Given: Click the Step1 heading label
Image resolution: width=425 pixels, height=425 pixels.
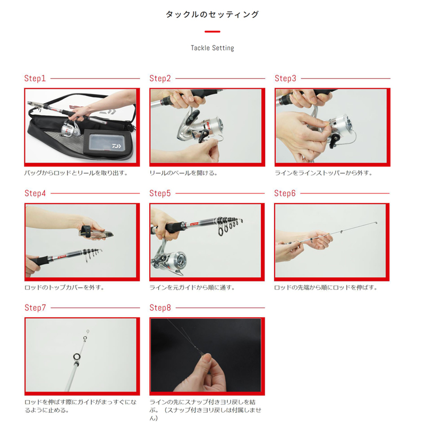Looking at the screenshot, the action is (35, 78).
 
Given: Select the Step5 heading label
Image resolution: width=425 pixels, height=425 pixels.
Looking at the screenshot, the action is (160, 193).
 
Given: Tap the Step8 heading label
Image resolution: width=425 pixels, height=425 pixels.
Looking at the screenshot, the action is (160, 308).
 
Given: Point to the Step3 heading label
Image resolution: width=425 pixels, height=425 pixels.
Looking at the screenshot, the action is (285, 78).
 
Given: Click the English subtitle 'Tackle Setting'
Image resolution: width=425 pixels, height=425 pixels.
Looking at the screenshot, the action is (212, 48).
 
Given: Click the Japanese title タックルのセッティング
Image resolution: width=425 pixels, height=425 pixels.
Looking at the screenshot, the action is (212, 14).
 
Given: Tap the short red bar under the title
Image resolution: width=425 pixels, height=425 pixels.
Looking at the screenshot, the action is (212, 32).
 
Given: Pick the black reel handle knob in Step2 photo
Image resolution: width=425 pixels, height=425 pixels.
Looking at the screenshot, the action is (203, 135).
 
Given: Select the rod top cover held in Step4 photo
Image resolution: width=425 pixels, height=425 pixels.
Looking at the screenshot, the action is (96, 233).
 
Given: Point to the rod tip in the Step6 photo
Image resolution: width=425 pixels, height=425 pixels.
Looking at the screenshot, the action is (376, 223).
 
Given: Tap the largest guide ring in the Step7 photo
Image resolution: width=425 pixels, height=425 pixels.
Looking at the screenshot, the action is (76, 356).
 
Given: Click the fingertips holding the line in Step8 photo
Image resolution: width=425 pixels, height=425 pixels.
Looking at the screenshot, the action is (207, 358).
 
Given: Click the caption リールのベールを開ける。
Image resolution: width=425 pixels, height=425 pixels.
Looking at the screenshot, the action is (183, 173).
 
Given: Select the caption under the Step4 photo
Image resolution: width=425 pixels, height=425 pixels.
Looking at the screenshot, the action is (64, 287).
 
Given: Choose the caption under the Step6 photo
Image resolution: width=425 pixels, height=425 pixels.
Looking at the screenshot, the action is (326, 287).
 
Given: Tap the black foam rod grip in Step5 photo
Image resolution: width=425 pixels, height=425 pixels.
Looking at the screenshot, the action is (174, 228).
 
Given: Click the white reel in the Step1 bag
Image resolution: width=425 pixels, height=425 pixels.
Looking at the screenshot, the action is (70, 129).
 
